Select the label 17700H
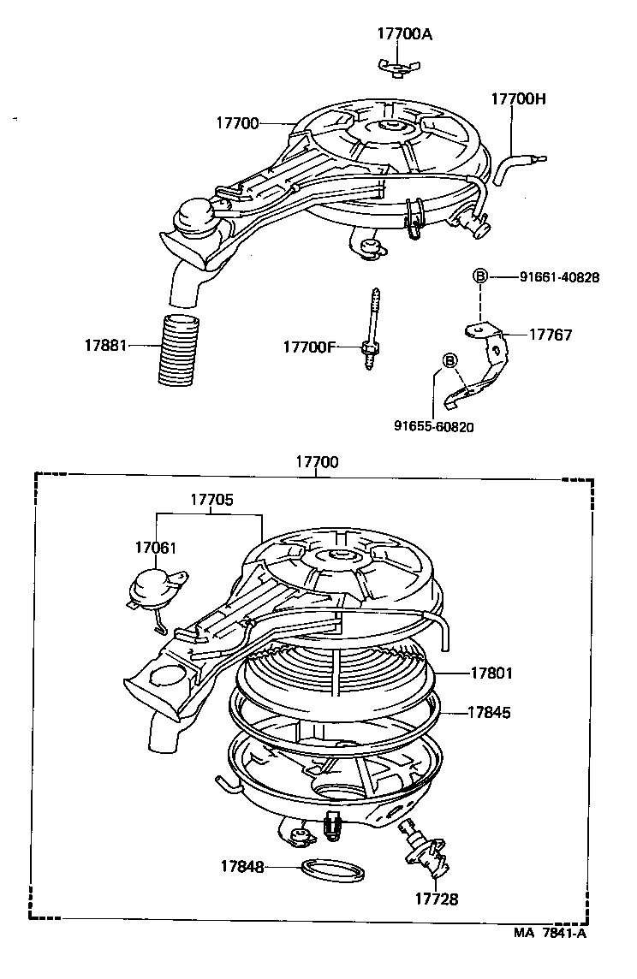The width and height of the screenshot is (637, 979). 518,98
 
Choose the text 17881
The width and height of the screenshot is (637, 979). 105,346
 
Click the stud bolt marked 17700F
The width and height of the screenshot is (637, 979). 374,329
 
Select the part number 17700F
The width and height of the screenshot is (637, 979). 310,347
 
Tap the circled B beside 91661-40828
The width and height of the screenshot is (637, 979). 480,276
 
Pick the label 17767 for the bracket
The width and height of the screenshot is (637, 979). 551,335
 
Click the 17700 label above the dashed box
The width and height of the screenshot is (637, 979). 317,462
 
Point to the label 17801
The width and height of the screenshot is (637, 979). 491,673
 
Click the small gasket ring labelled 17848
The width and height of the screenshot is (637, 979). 333,870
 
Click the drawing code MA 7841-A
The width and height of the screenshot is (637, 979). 550,934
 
